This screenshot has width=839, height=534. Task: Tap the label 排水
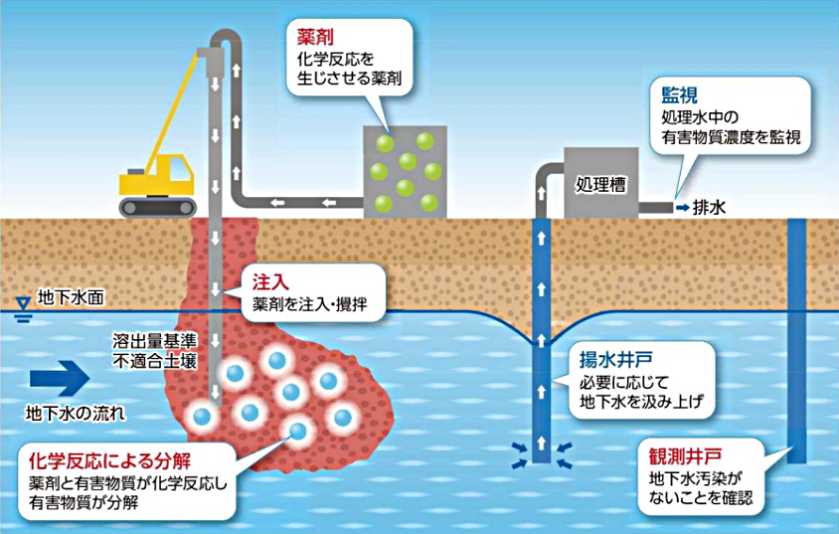pos(710,208)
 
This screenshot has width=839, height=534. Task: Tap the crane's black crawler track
pos(155,206)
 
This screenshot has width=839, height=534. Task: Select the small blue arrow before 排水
pos(682,208)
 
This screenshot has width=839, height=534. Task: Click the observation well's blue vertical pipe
pos(795,338)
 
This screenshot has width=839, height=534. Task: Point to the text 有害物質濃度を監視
pos(731,139)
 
